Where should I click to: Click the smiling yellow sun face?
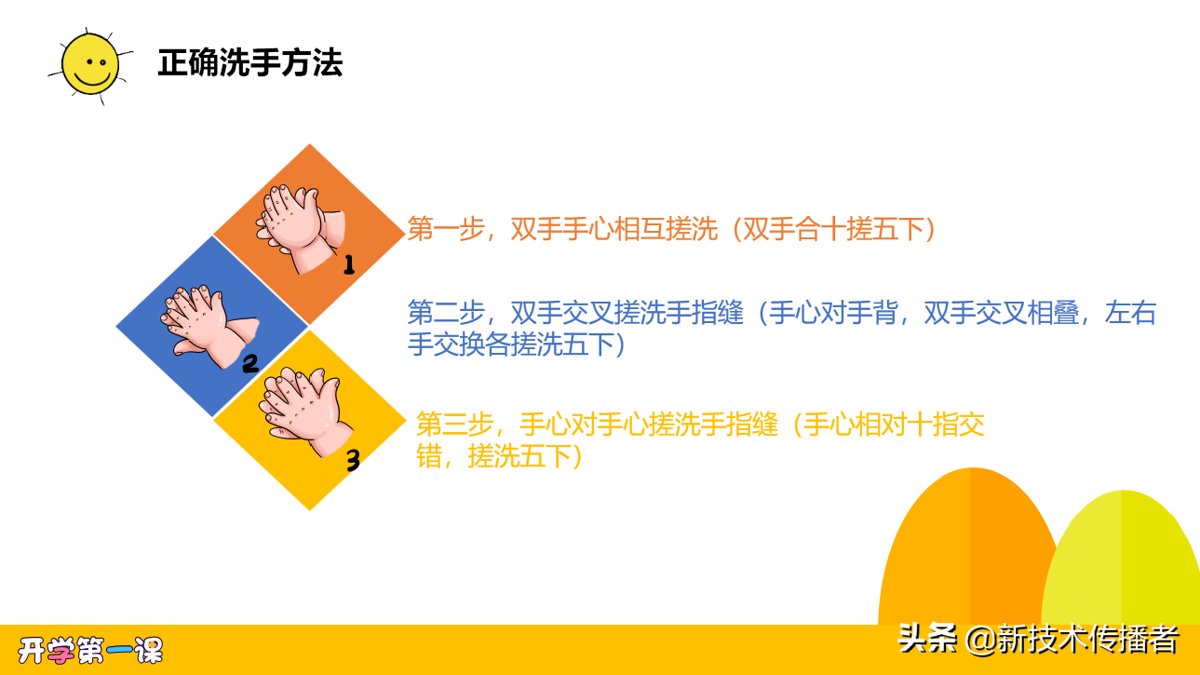89,63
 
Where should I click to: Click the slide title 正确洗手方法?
249,62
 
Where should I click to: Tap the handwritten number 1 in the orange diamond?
349,265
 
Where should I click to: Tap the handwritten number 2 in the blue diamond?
249,363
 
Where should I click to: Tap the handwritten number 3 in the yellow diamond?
353,460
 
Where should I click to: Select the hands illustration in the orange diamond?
297,227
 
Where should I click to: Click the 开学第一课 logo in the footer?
91,650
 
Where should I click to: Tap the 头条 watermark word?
927,639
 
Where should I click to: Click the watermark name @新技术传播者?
1072,639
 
